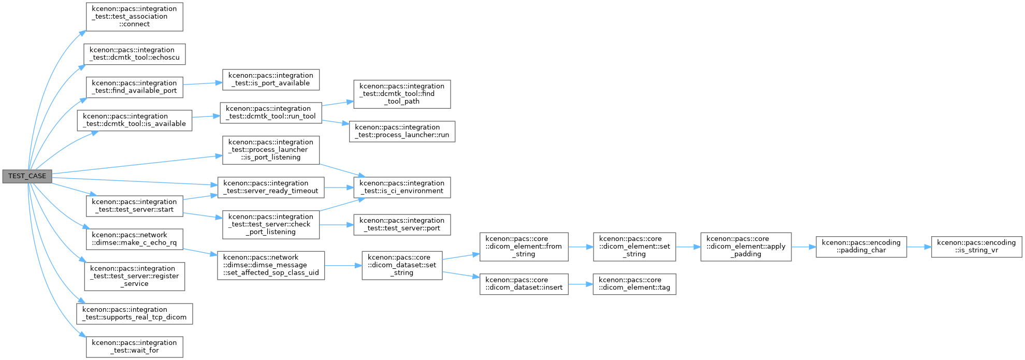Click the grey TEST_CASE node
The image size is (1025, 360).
tap(27, 176)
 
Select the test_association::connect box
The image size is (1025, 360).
tap(135, 17)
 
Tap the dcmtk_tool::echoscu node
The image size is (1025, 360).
tap(135, 54)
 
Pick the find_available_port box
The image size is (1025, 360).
tap(135, 87)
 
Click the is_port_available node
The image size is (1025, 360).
tap(271, 79)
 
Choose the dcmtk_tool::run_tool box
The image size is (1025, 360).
tap(271, 112)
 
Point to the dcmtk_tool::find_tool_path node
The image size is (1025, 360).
tap(402, 94)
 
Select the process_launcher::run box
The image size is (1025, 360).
tap(402, 131)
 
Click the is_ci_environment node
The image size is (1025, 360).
tap(402, 187)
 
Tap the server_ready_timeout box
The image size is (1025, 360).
tap(271, 187)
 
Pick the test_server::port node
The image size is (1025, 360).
tap(402, 224)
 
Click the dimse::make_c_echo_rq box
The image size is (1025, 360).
tap(135, 239)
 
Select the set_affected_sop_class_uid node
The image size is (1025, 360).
tap(271, 265)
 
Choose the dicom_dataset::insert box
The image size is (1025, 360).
tap(524, 284)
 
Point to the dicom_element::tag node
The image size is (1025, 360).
tap(634, 284)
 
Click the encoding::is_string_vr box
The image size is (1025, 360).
tap(977, 247)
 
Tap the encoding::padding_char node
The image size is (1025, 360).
tap(861, 247)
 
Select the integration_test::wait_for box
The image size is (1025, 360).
tap(135, 347)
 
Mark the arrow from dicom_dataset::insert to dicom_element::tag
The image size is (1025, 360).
tap(581, 284)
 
